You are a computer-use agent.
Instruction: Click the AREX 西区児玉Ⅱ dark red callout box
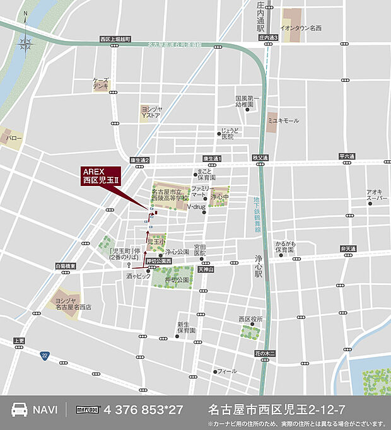point(102,176)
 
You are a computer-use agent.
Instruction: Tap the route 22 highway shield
point(44,356)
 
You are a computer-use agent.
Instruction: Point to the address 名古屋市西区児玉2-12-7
point(276,409)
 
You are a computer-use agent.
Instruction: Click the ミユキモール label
point(283,120)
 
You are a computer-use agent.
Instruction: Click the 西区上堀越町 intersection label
point(115,39)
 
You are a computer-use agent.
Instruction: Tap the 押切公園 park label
point(177,279)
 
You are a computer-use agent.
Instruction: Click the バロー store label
point(14,137)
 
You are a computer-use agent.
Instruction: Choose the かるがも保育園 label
point(285,246)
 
